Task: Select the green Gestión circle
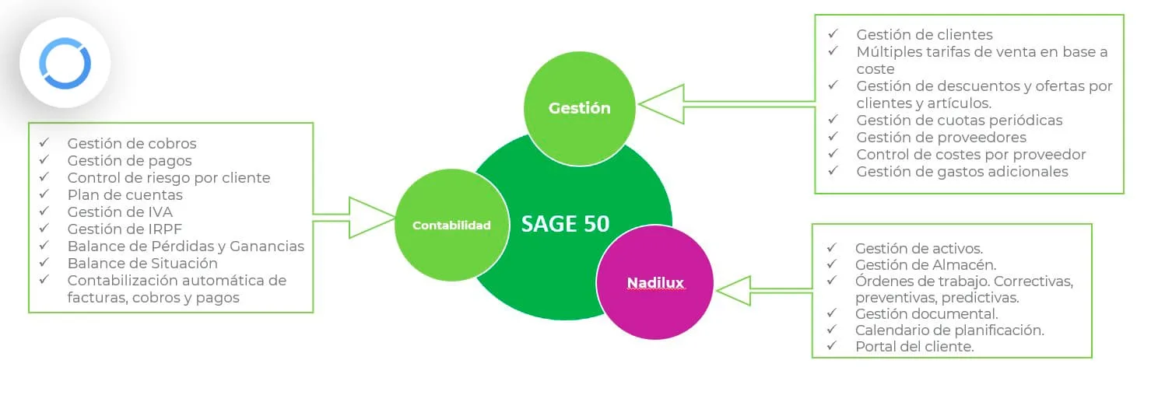(580, 108)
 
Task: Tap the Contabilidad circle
(451, 225)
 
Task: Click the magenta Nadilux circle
(655, 282)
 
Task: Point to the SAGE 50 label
(565, 224)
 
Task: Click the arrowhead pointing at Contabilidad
(372, 218)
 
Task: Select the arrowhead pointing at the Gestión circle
(661, 104)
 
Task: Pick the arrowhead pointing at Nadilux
(734, 291)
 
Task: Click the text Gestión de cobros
(132, 143)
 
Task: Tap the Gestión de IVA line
(120, 211)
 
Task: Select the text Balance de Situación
(142, 263)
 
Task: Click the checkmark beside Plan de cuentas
(44, 194)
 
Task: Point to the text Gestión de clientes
(925, 35)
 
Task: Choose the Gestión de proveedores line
(942, 138)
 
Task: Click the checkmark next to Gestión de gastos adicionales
(833, 170)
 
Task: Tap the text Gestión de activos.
(919, 249)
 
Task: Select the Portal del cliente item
(914, 347)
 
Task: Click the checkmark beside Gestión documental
(831, 313)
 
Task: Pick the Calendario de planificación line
(949, 330)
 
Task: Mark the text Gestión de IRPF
(125, 229)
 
